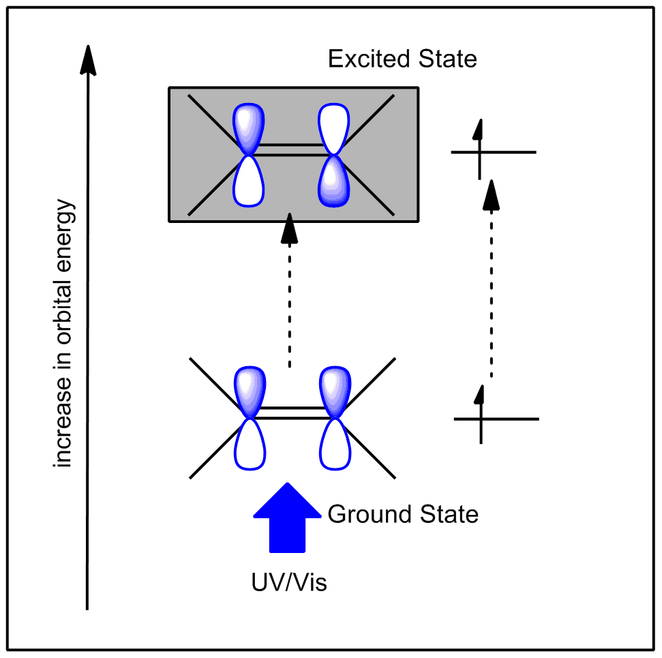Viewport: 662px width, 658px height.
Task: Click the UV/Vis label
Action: click(x=289, y=582)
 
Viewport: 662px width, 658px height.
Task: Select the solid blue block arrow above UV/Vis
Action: click(x=287, y=518)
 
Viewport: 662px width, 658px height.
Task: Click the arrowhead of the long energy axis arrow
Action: click(x=88, y=60)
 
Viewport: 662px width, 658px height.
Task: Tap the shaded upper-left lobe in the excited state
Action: click(x=249, y=129)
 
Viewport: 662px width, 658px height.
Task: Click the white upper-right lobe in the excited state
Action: click(x=333, y=129)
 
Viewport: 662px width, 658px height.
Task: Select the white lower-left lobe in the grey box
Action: click(x=249, y=181)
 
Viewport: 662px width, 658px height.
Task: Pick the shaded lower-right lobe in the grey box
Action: click(x=333, y=181)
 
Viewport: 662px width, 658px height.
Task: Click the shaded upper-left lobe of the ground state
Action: click(x=250, y=392)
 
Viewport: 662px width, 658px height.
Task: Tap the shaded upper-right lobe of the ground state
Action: click(x=335, y=392)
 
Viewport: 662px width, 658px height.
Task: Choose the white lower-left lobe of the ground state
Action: click(x=250, y=444)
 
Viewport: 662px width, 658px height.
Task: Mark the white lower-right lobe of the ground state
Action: click(x=335, y=444)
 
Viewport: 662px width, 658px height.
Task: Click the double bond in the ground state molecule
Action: click(x=292, y=413)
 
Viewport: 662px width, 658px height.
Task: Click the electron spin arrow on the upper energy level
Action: click(x=479, y=149)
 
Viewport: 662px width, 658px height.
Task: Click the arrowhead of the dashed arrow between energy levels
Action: click(x=491, y=195)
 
